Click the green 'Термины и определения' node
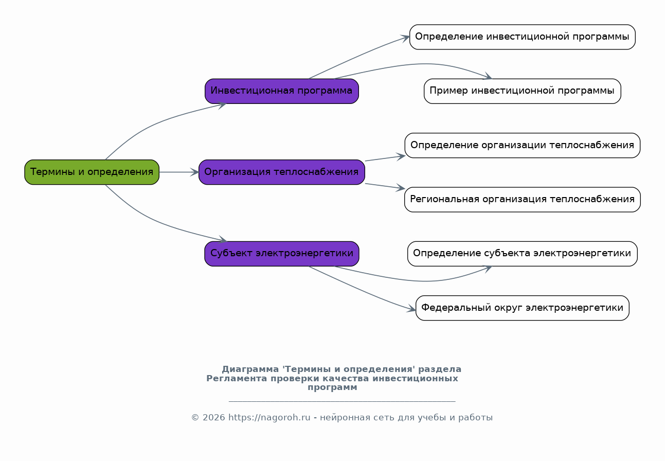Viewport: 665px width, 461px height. click(92, 172)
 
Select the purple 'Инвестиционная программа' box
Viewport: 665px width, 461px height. click(282, 91)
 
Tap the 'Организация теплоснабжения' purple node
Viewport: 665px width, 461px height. click(282, 172)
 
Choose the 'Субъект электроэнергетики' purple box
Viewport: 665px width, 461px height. click(282, 254)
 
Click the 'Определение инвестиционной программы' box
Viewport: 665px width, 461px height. click(522, 37)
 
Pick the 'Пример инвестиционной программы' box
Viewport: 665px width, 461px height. click(522, 91)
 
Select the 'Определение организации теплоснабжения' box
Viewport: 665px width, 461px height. click(522, 145)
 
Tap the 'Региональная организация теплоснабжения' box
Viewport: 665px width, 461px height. click(522, 199)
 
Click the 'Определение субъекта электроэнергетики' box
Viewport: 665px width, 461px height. click(522, 254)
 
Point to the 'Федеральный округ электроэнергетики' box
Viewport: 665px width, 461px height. click(522, 308)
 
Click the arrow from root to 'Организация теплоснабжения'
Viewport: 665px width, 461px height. click(178, 172)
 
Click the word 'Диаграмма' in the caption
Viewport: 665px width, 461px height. click(250, 369)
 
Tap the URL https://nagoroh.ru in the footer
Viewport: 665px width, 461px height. click(269, 417)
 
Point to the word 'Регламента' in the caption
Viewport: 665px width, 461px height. click(237, 379)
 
